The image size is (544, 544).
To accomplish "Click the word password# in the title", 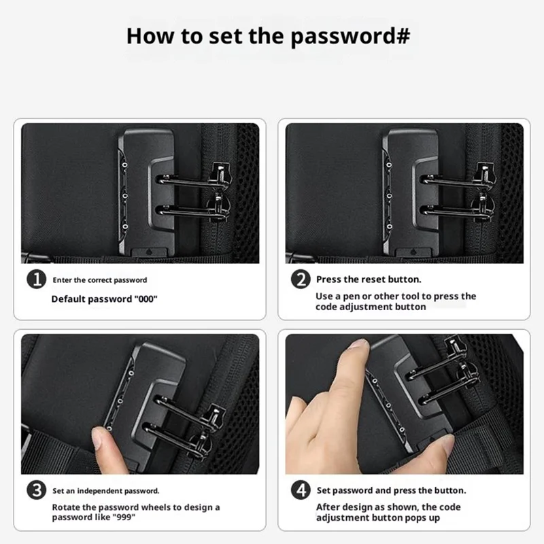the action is tap(350, 37).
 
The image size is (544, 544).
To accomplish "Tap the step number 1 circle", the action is tap(37, 279).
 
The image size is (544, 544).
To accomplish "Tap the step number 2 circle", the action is tap(301, 279).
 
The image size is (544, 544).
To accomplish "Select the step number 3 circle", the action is tap(37, 490).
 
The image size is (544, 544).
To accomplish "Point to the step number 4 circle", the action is tap(301, 490).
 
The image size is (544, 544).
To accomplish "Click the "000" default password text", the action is tap(146, 299).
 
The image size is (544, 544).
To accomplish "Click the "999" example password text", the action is tap(124, 517).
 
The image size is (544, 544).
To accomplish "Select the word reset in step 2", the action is tap(373, 279).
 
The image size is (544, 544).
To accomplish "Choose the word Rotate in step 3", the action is tap(65, 507).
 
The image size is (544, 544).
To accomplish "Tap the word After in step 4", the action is tap(327, 507).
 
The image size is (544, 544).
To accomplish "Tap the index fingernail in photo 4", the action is tap(359, 344).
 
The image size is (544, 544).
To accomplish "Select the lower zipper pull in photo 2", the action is tap(483, 207).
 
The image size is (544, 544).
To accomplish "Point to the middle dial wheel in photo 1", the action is tap(125, 196).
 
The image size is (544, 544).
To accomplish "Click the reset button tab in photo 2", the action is tap(413, 252).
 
